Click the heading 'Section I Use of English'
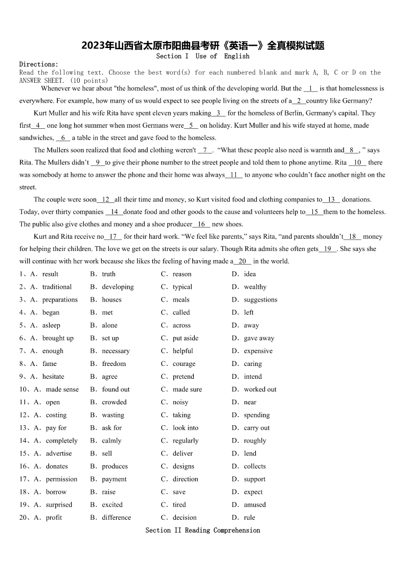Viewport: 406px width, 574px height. [202, 56]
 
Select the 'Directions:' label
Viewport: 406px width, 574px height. [39, 64]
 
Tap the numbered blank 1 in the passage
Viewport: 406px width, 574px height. [310, 88]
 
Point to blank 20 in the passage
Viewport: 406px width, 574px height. [242, 261]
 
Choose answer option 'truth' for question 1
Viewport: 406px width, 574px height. [108, 274]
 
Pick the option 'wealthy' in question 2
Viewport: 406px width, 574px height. [255, 287]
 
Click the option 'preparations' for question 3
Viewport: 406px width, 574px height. [60, 300]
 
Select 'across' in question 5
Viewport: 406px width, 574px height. [182, 325]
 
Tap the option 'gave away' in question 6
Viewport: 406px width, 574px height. [259, 338]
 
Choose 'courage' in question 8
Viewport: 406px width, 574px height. [184, 364]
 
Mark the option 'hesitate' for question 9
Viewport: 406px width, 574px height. [53, 377]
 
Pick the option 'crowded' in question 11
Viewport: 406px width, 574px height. [114, 402]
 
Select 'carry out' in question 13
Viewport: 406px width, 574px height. [257, 428]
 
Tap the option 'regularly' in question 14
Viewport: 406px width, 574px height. [185, 441]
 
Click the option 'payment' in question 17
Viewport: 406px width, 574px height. [114, 479]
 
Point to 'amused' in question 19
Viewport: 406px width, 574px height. [255, 504]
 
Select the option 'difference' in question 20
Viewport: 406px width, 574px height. [116, 517]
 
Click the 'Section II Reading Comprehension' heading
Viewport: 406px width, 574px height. [202, 530]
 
